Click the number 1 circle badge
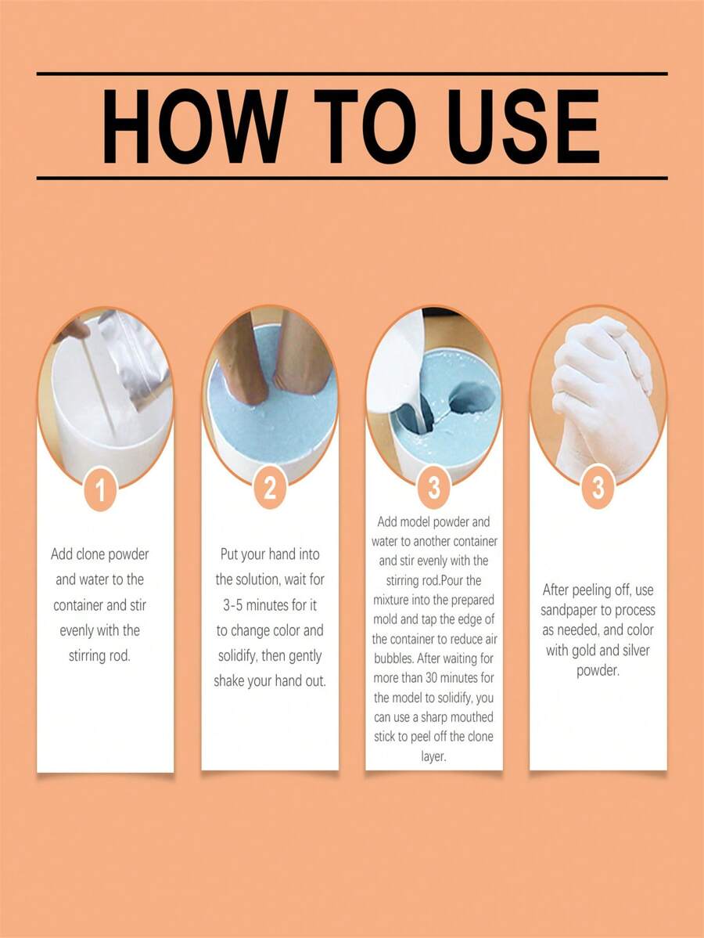[100, 491]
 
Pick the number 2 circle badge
[270, 489]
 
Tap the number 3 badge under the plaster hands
[598, 489]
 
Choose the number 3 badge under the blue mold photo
[433, 489]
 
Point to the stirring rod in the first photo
[100, 391]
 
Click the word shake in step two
[232, 681]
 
